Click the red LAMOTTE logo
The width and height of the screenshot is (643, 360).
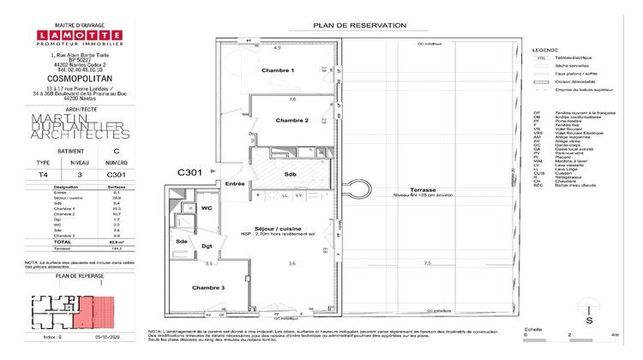coord(73,35)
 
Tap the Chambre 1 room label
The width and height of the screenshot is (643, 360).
coord(278,69)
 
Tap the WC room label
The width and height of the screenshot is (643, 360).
coord(206,208)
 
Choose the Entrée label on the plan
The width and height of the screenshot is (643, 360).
coord(235,183)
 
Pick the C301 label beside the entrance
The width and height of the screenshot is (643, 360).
coord(190,173)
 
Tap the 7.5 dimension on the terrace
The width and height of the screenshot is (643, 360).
coord(426,263)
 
